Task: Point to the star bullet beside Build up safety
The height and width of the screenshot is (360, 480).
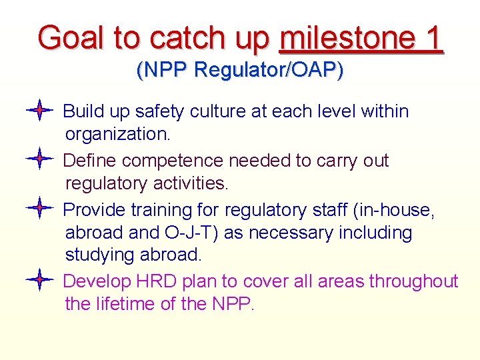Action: [x=39, y=110]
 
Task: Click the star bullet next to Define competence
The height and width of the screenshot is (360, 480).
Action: [x=39, y=159]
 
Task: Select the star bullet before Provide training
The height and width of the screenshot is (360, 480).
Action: [x=39, y=209]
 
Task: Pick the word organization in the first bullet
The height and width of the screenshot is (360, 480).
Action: [x=117, y=134]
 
